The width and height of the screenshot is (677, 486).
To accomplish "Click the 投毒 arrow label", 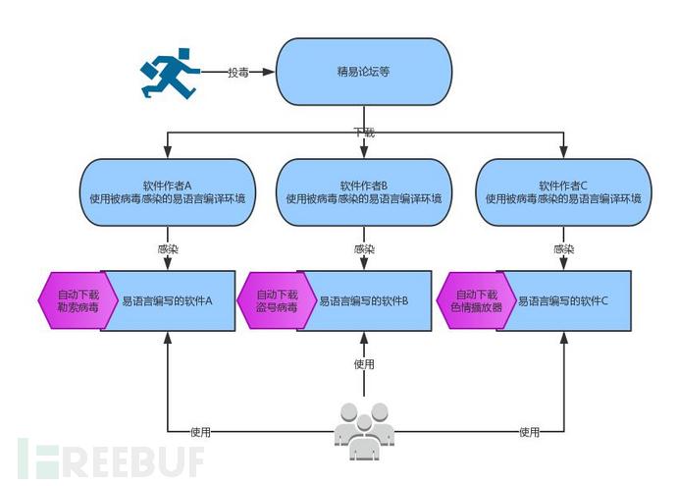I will (238, 73).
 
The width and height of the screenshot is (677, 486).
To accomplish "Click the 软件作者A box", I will (166, 190).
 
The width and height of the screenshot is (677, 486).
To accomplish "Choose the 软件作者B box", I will (364, 190).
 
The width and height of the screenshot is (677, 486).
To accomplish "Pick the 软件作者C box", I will (562, 190).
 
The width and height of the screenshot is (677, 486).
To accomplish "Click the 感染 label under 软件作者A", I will (167, 249).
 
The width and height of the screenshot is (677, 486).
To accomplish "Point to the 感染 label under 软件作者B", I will (364, 249).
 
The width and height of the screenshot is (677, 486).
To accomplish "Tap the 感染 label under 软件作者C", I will (563, 249).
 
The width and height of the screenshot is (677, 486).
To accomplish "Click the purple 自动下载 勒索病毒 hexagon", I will (76, 300).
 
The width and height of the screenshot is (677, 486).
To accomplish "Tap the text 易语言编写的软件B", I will (364, 300).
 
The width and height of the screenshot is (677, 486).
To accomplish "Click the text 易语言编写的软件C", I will (563, 300).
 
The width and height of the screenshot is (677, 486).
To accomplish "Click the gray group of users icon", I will (364, 430).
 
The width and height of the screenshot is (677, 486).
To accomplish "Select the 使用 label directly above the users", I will (364, 365).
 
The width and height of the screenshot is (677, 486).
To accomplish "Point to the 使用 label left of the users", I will (201, 431).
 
